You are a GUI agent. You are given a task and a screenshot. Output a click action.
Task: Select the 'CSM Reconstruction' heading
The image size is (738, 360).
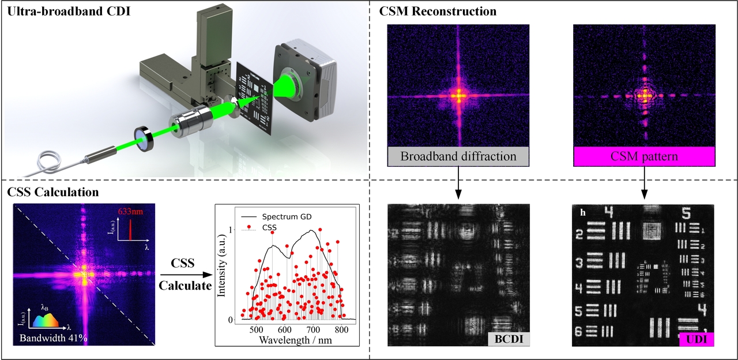pyautogui.click(x=430, y=12)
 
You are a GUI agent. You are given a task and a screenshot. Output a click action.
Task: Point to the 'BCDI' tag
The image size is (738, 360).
pyautogui.click(x=509, y=339)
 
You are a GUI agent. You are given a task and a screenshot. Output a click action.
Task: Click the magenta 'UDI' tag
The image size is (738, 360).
pyautogui.click(x=696, y=339)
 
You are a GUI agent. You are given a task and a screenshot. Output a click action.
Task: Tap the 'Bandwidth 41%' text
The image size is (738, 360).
pyautogui.click(x=53, y=337)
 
